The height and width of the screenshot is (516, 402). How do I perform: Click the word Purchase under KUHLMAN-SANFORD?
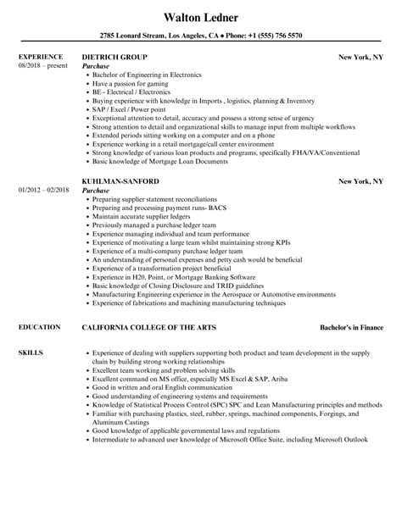click(96, 191)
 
